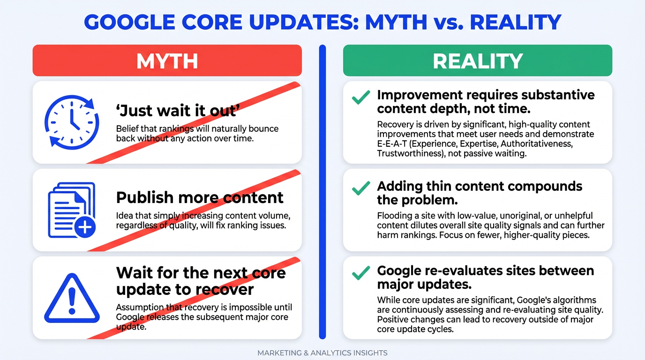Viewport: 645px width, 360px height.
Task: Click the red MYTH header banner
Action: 167,60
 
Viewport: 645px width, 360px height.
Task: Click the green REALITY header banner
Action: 477,60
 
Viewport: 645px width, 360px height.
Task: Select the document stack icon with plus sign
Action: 72,210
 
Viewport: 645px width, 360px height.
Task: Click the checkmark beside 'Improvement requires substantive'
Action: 361,97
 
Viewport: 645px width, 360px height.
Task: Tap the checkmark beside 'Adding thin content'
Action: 361,188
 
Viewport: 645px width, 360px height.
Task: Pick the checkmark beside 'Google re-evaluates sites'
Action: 361,273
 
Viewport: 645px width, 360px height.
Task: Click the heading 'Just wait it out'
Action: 178,111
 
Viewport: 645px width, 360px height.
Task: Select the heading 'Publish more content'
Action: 200,197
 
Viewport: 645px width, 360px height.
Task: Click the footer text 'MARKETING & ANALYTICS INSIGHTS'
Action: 322,353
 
